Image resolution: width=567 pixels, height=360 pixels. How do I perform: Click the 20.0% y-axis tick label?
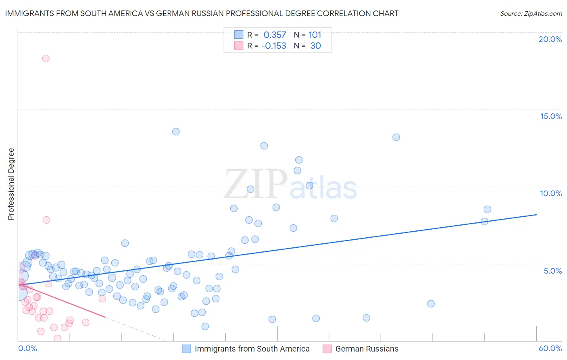(550, 39)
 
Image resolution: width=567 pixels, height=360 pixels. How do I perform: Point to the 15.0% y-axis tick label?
(550, 116)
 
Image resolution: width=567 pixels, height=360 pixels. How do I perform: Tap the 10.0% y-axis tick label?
(550, 193)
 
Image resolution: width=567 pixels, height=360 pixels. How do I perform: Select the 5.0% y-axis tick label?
(552, 271)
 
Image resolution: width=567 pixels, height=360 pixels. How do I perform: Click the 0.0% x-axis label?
(27, 348)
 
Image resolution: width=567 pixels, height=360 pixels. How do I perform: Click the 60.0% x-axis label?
(550, 348)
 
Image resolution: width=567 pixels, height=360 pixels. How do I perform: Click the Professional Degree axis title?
(11, 184)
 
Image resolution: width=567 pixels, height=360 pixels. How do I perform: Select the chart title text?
(202, 13)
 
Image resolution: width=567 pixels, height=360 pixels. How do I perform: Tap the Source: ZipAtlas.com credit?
(531, 13)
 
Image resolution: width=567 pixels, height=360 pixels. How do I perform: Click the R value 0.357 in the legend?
(275, 35)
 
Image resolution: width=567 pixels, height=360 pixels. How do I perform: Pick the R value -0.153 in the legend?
(274, 46)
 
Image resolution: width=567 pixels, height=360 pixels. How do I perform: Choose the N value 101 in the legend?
(315, 35)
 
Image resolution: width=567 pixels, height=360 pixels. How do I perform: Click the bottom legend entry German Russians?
(367, 349)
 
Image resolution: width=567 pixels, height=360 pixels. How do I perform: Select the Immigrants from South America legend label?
(252, 349)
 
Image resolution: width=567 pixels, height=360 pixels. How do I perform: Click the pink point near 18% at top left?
(46, 59)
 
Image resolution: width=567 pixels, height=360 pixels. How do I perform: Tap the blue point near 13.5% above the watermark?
(176, 132)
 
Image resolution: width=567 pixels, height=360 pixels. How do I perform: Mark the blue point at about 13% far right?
(396, 137)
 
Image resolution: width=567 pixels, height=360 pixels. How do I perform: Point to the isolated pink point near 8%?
(46, 220)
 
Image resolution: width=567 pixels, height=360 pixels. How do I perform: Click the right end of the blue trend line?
(536, 215)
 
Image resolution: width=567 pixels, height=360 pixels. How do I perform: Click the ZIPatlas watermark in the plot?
(290, 184)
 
